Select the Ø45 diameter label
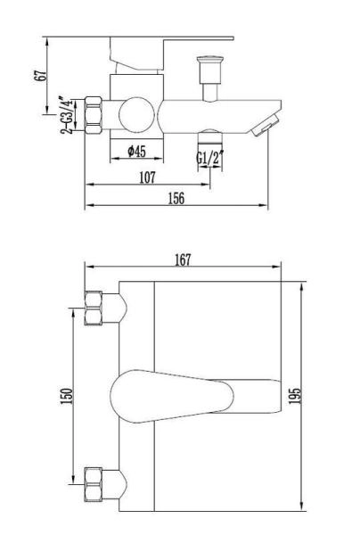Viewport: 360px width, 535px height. (136, 152)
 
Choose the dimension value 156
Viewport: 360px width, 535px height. (176, 199)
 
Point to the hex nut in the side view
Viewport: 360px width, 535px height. (94, 114)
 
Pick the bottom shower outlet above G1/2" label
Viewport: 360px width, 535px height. (209, 136)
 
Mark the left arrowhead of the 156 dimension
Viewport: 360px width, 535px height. (87, 207)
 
